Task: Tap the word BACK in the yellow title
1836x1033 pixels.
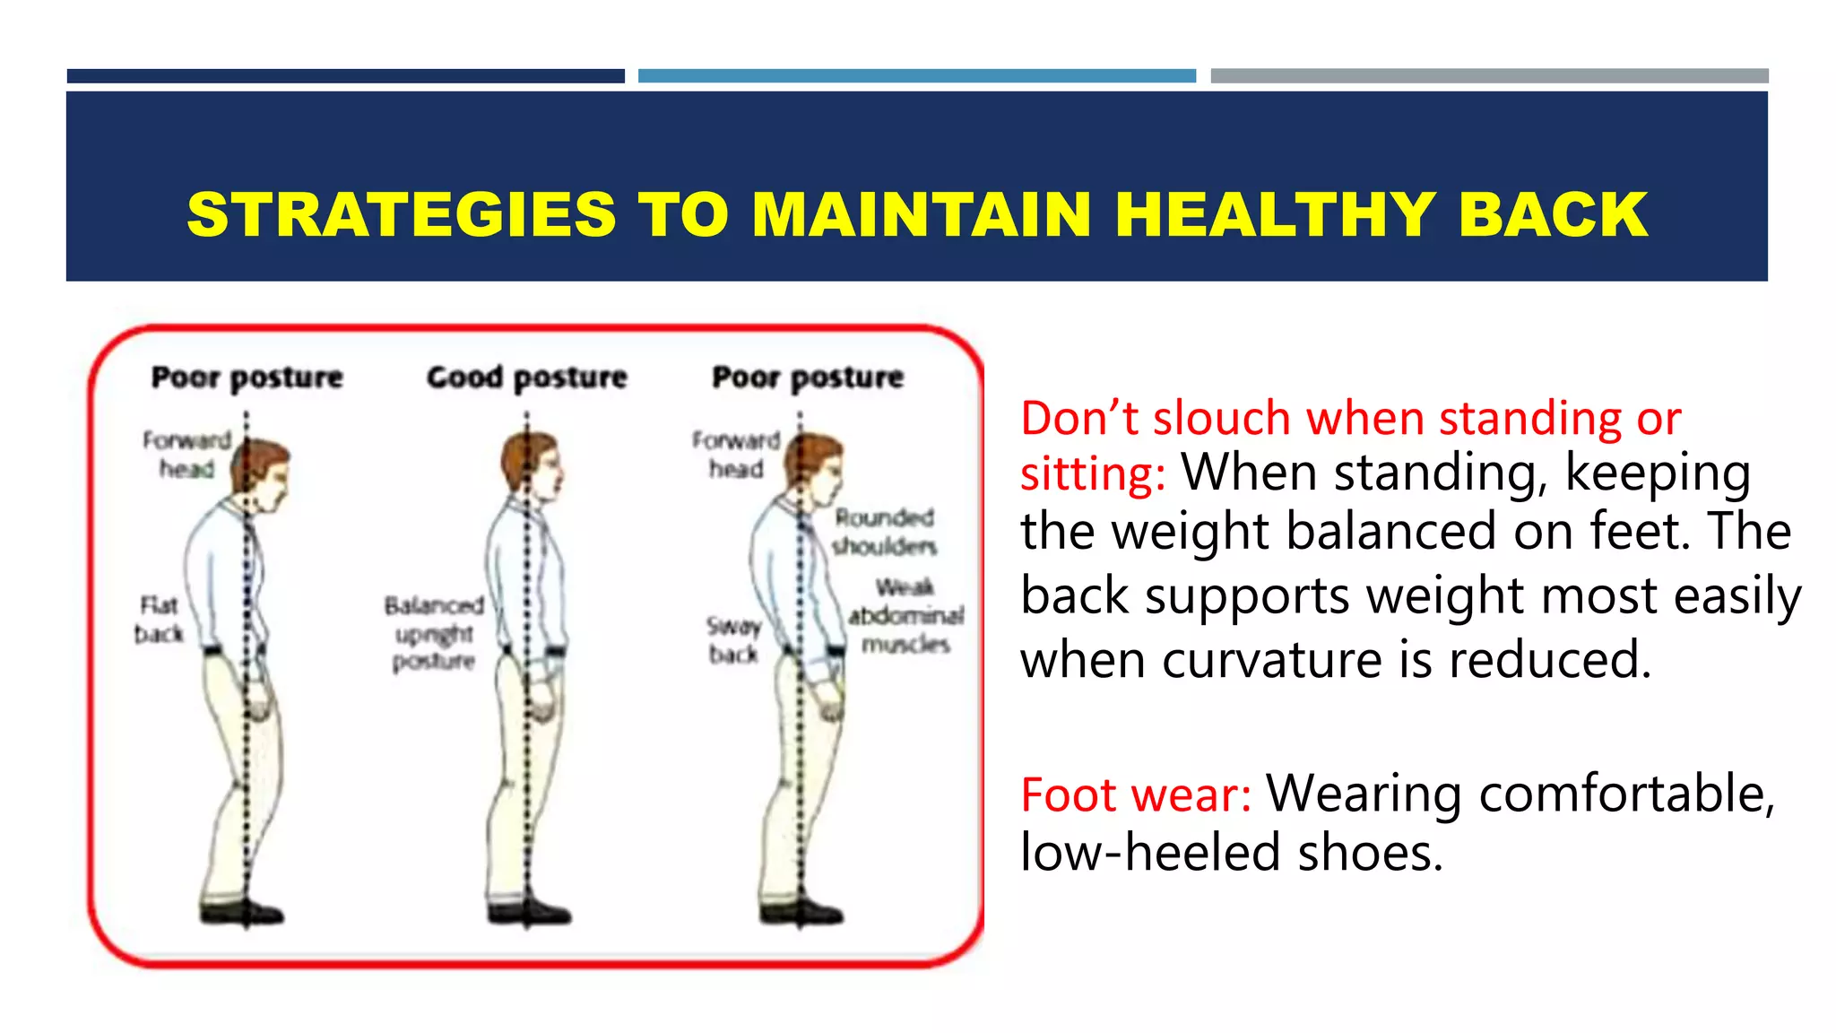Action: click(x=1553, y=215)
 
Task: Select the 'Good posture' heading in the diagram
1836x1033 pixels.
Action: click(x=526, y=378)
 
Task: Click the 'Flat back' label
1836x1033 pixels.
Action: click(x=159, y=620)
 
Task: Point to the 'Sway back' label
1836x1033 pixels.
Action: click(x=733, y=640)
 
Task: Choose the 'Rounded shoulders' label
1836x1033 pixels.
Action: click(x=884, y=532)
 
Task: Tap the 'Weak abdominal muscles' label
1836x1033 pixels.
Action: click(x=905, y=615)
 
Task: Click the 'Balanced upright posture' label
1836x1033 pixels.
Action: click(x=434, y=633)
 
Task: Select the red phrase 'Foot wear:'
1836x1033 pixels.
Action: click(x=1136, y=795)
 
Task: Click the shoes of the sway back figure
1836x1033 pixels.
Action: click(x=802, y=912)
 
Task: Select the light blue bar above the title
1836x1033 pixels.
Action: click(x=916, y=76)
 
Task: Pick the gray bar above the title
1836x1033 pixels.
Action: click(x=1489, y=76)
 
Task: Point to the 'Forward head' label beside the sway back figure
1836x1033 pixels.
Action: click(x=736, y=454)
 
